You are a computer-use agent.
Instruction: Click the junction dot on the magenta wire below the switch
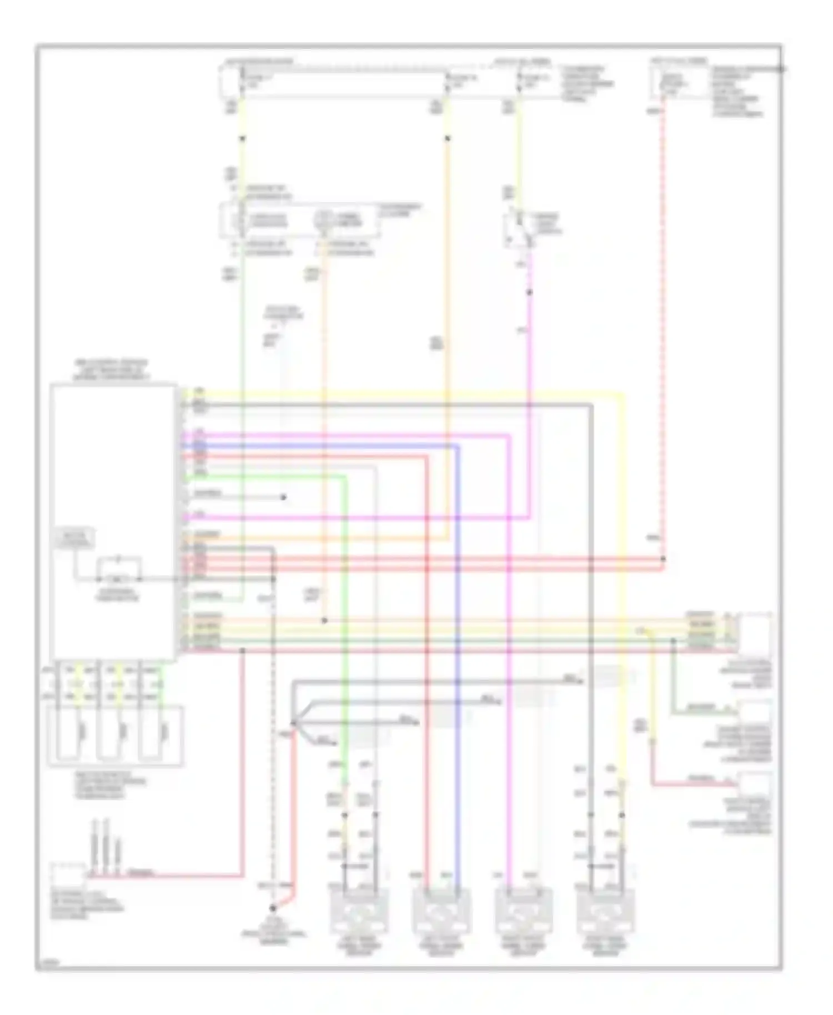click(x=529, y=292)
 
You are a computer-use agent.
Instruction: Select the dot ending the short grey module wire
click(x=283, y=497)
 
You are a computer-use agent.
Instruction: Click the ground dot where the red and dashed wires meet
click(x=273, y=909)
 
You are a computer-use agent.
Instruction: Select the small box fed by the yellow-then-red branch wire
click(x=754, y=783)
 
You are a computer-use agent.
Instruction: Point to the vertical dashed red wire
click(x=663, y=333)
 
